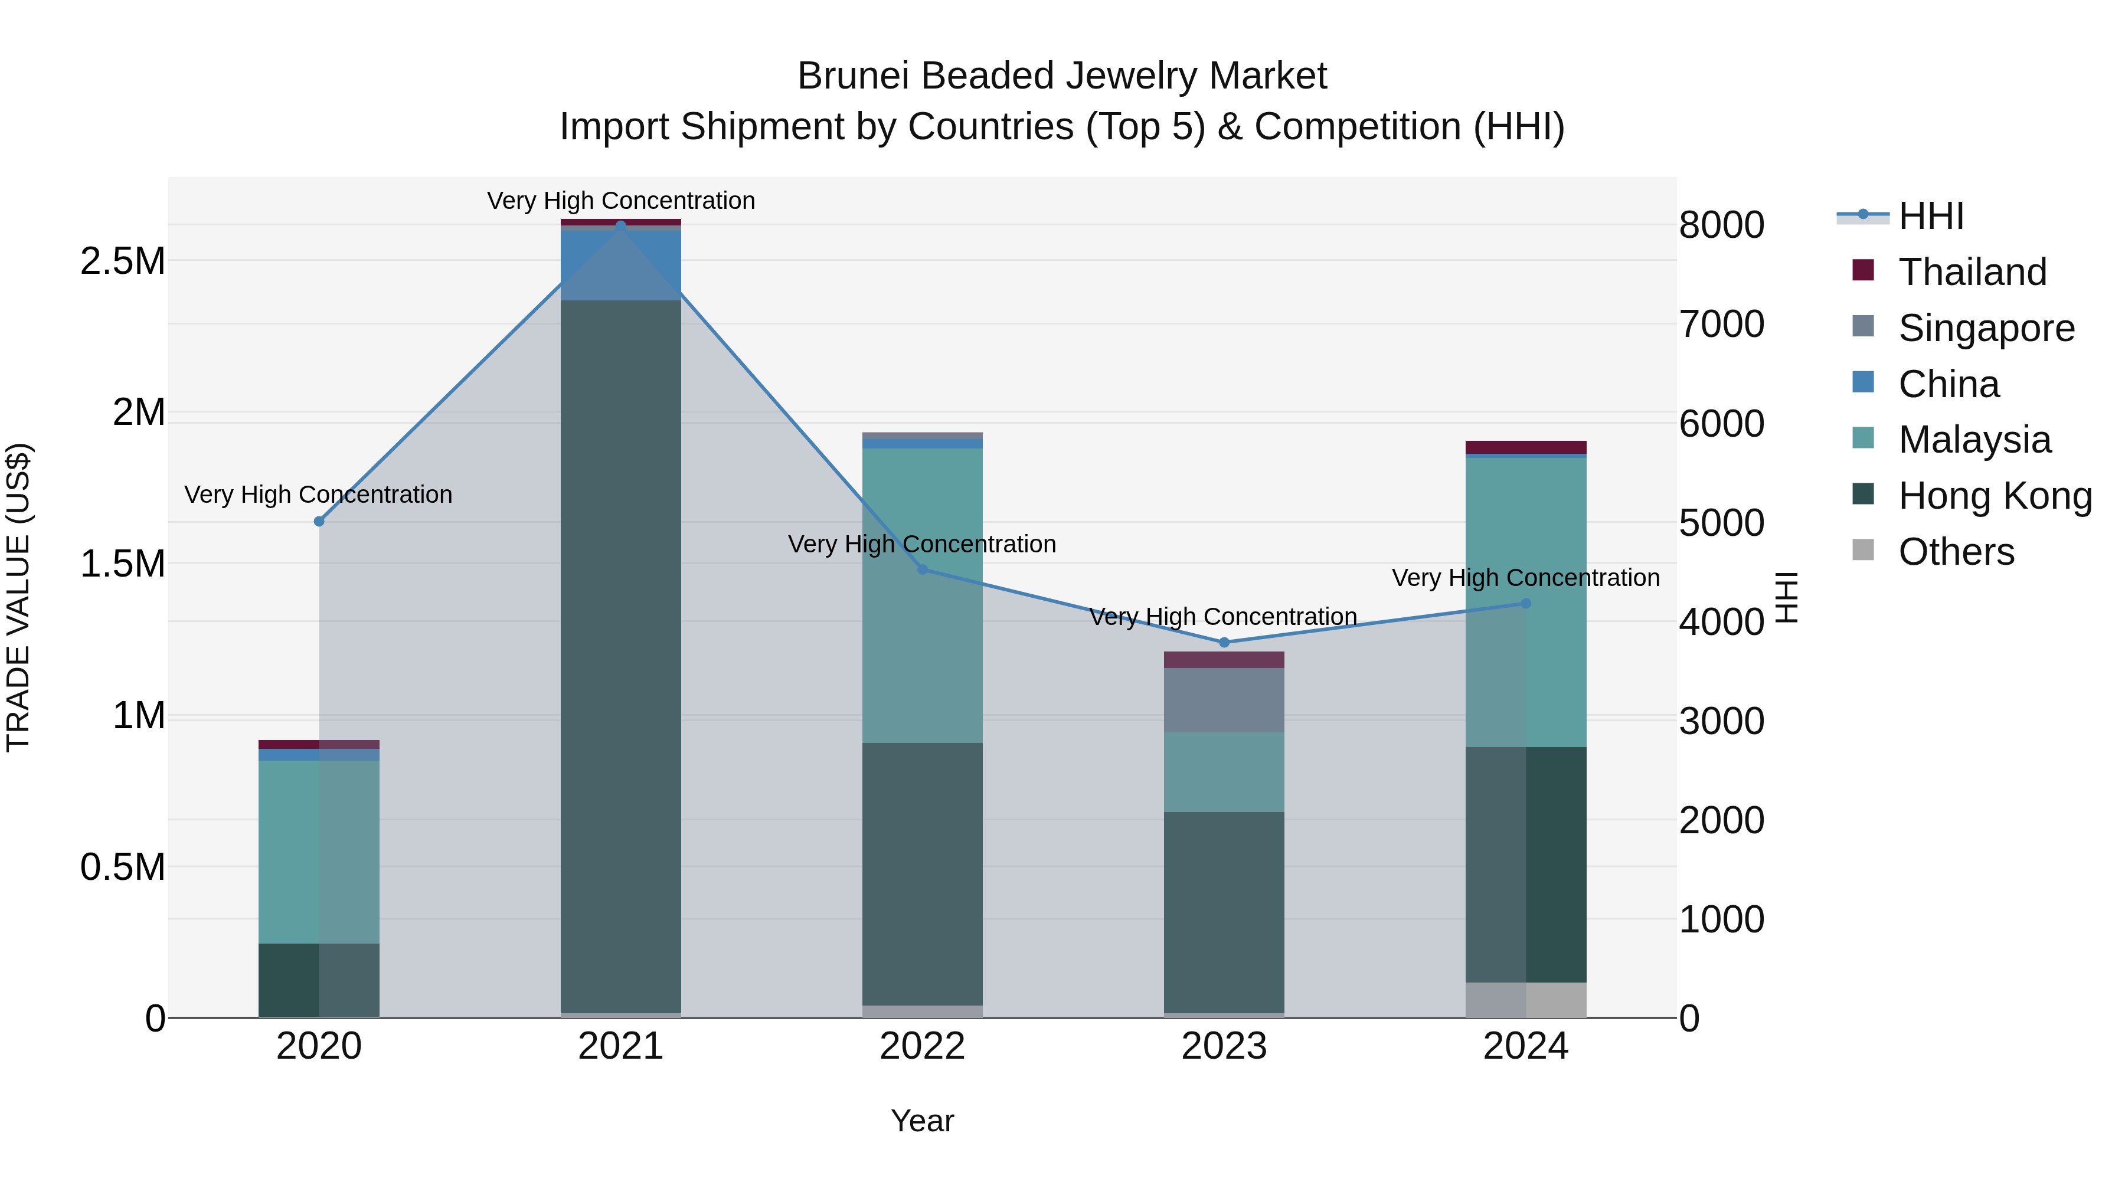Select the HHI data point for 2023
(1224, 643)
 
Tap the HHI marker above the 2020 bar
(319, 521)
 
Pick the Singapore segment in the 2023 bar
(1224, 699)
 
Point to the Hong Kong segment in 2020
(319, 980)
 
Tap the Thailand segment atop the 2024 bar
(1525, 447)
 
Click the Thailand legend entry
(1972, 272)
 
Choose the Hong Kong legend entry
(1994, 496)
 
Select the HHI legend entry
(1930, 216)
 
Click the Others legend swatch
(1863, 550)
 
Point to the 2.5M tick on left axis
(123, 261)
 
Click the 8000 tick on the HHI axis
(1722, 225)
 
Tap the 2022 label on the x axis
(922, 1046)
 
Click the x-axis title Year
(922, 1121)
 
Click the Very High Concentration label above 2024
(1525, 577)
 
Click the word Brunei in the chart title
(853, 76)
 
